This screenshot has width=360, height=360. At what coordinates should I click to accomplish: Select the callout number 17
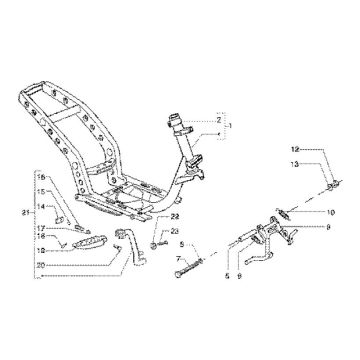click(43, 228)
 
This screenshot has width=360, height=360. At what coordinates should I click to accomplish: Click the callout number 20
click(43, 264)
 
